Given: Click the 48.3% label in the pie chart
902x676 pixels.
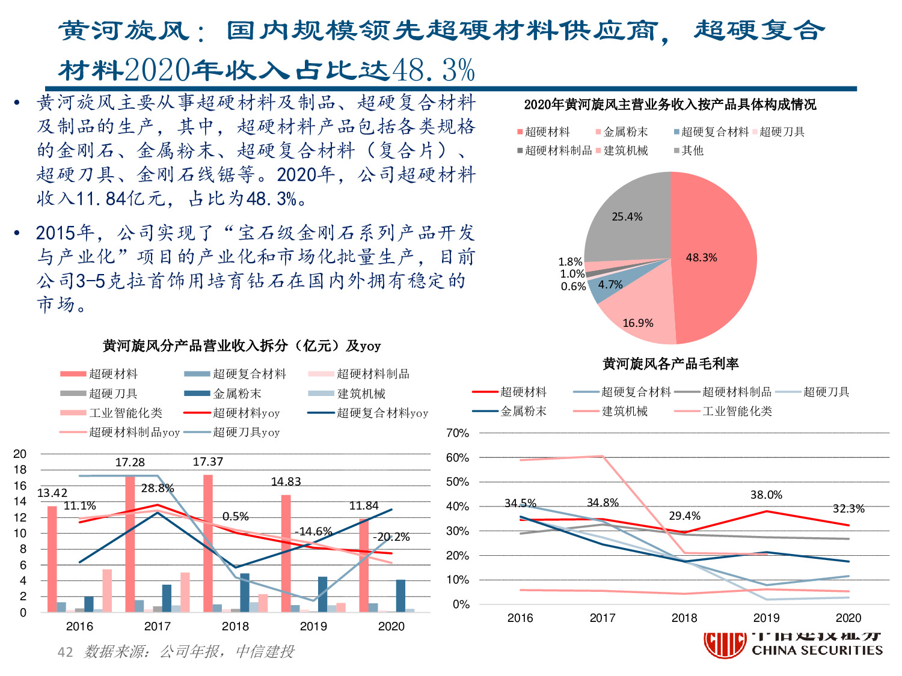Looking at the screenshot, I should pyautogui.click(x=701, y=258).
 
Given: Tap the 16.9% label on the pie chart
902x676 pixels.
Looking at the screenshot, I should pyautogui.click(x=637, y=323).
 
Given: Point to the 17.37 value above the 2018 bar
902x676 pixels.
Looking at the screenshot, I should pyautogui.click(x=207, y=462).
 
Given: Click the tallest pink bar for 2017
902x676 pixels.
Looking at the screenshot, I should pyautogui.click(x=130, y=541).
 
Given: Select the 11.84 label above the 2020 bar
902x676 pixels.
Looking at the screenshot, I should pyautogui.click(x=364, y=506).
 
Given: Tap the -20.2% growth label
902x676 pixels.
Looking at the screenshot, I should pyautogui.click(x=391, y=537).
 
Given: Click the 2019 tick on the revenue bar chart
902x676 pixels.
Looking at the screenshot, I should pyautogui.click(x=313, y=626).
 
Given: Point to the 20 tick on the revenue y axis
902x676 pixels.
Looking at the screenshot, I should pyautogui.click(x=20, y=454).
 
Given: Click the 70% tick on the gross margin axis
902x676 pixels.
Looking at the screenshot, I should pyautogui.click(x=457, y=433).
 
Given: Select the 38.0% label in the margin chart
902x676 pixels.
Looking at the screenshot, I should pyautogui.click(x=766, y=495).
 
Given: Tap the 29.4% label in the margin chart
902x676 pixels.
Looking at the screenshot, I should pyautogui.click(x=684, y=516).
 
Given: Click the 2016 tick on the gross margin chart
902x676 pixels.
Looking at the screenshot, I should pyautogui.click(x=520, y=618).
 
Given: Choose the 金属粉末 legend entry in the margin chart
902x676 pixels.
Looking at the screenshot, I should pyautogui.click(x=523, y=412).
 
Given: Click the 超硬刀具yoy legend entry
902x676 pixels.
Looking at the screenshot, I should pyautogui.click(x=246, y=433).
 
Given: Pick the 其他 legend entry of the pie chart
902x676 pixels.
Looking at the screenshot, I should pyautogui.click(x=692, y=151).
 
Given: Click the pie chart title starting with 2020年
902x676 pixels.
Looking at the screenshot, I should pyautogui.click(x=670, y=105).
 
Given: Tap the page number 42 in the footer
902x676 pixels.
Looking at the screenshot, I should pyautogui.click(x=65, y=652).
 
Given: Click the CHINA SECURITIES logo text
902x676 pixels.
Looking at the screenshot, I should pyautogui.click(x=817, y=650).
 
